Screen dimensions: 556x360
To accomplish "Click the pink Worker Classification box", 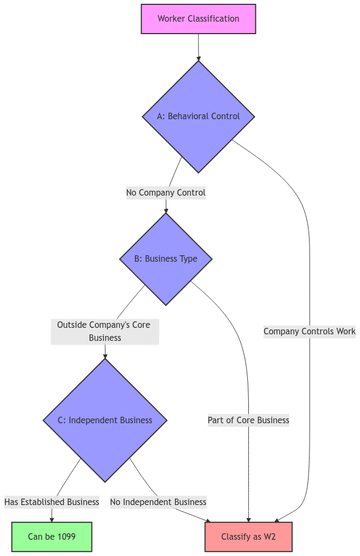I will (198, 19).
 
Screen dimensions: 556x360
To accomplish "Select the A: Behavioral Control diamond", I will (198, 117).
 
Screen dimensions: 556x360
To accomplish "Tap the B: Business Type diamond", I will (166, 259).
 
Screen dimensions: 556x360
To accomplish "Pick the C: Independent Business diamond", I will (105, 420).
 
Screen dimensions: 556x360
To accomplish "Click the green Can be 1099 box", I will (52, 536).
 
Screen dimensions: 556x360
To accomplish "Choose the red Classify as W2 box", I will (248, 536).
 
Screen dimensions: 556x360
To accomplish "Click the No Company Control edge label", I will (166, 192).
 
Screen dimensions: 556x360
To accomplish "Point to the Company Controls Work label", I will (310, 331).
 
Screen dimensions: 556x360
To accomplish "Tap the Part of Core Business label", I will (248, 420).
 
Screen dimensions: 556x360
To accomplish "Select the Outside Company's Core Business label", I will (105, 331).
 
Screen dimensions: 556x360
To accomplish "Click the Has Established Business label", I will (52, 502).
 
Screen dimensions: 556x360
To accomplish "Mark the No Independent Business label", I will (158, 502).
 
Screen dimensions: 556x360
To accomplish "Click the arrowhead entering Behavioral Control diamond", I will (198, 57).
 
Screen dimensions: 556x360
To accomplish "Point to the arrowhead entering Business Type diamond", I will (166, 210).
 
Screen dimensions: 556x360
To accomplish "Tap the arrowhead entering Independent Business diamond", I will (105, 355).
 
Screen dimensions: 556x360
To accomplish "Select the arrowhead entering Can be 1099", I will (52, 519).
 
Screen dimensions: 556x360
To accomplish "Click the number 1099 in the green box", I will (66, 536).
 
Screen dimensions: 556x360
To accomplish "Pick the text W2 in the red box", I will (269, 536).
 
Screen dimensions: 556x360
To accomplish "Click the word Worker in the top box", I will (171, 19).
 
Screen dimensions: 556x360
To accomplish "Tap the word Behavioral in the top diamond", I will (190, 117).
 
